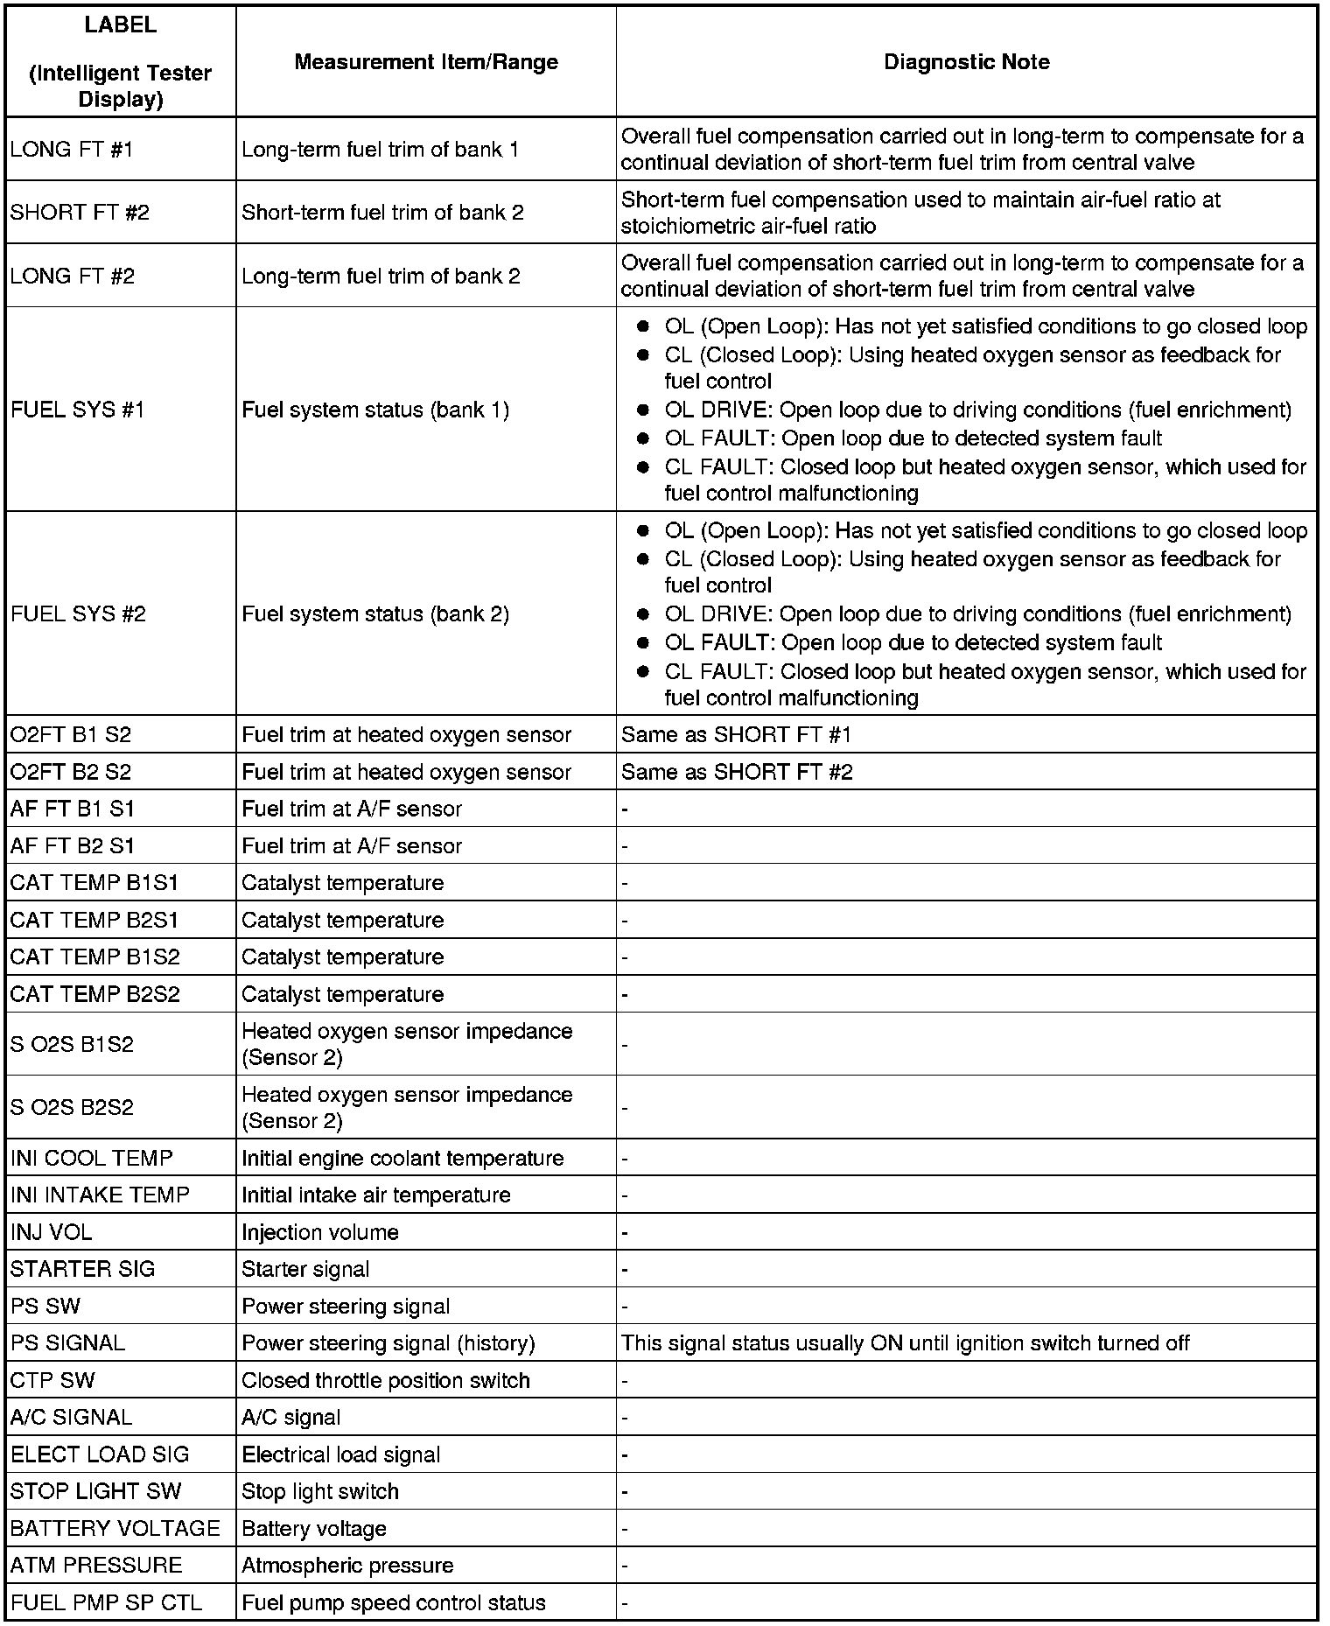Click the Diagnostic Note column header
[x=966, y=62]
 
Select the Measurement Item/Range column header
[x=426, y=62]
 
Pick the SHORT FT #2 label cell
[x=80, y=213]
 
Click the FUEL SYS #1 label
[x=78, y=410]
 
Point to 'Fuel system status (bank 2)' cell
[x=375, y=614]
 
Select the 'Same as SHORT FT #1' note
[x=736, y=735]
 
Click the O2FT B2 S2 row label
[x=71, y=772]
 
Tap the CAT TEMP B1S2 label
[x=94, y=957]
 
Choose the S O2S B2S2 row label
[x=72, y=1108]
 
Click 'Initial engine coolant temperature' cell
[x=402, y=1159]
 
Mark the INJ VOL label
[x=51, y=1232]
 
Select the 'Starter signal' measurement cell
[x=305, y=1270]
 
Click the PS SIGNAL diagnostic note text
[x=905, y=1343]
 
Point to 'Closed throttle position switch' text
[x=386, y=1381]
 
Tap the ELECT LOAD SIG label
[x=100, y=1454]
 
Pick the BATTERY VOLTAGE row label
[x=115, y=1529]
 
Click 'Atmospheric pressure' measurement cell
[x=347, y=1566]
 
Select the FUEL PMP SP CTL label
[x=106, y=1603]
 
